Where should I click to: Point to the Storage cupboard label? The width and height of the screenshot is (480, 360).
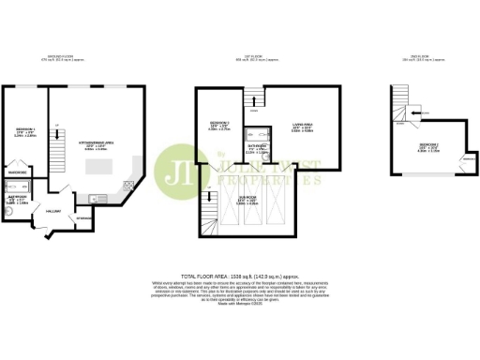pos(82,217)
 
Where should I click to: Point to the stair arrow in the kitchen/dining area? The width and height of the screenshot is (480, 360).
pos(58,127)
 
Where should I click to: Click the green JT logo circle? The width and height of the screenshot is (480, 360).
pos(176,170)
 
